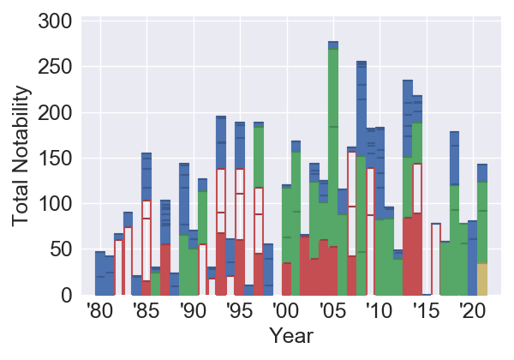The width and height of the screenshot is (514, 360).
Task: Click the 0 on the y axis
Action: tap(68, 296)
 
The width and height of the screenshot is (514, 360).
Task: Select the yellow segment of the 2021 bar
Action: tap(482, 279)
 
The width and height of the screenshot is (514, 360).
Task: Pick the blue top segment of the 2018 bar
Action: tap(455, 159)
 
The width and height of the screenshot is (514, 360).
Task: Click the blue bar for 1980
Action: tap(100, 274)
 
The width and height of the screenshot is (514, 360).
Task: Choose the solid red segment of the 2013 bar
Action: tap(408, 256)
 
